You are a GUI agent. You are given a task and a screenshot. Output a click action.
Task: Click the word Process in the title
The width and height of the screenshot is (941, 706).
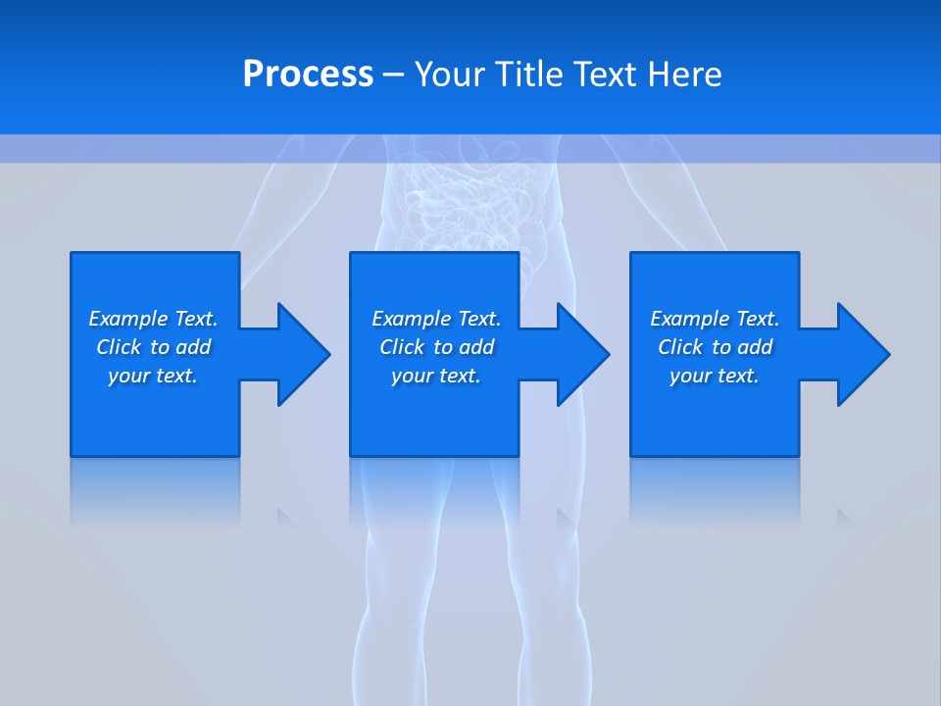pos(308,75)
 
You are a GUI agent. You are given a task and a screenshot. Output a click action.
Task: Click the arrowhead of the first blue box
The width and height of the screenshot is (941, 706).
pos(302,354)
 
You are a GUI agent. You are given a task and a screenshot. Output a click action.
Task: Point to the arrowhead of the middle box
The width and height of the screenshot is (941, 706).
pos(581,354)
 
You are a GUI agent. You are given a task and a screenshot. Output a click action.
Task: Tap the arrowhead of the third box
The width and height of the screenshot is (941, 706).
pos(862,354)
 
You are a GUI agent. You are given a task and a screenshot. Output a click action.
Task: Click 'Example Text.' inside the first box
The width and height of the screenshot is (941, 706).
pos(153,319)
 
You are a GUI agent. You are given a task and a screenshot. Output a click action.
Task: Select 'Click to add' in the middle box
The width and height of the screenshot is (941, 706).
pos(436,347)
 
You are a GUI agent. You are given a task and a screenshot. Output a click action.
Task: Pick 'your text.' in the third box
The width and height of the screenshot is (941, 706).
pos(715,376)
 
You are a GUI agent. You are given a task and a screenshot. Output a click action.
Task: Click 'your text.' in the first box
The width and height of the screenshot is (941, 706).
pos(153,376)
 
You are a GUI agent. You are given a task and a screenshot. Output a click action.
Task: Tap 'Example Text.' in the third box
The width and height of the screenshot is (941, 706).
pos(715,319)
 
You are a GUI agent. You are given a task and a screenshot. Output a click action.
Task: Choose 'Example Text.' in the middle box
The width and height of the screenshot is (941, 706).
pos(436,319)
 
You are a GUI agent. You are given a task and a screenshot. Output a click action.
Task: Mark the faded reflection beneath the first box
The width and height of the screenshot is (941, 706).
pos(155,490)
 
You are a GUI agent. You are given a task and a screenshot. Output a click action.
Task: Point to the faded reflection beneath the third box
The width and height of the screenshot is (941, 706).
pos(715,490)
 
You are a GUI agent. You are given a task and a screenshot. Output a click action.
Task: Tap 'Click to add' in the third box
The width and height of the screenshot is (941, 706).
pos(715,347)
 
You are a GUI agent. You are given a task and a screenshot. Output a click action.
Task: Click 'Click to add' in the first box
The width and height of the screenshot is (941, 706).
pos(153,347)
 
